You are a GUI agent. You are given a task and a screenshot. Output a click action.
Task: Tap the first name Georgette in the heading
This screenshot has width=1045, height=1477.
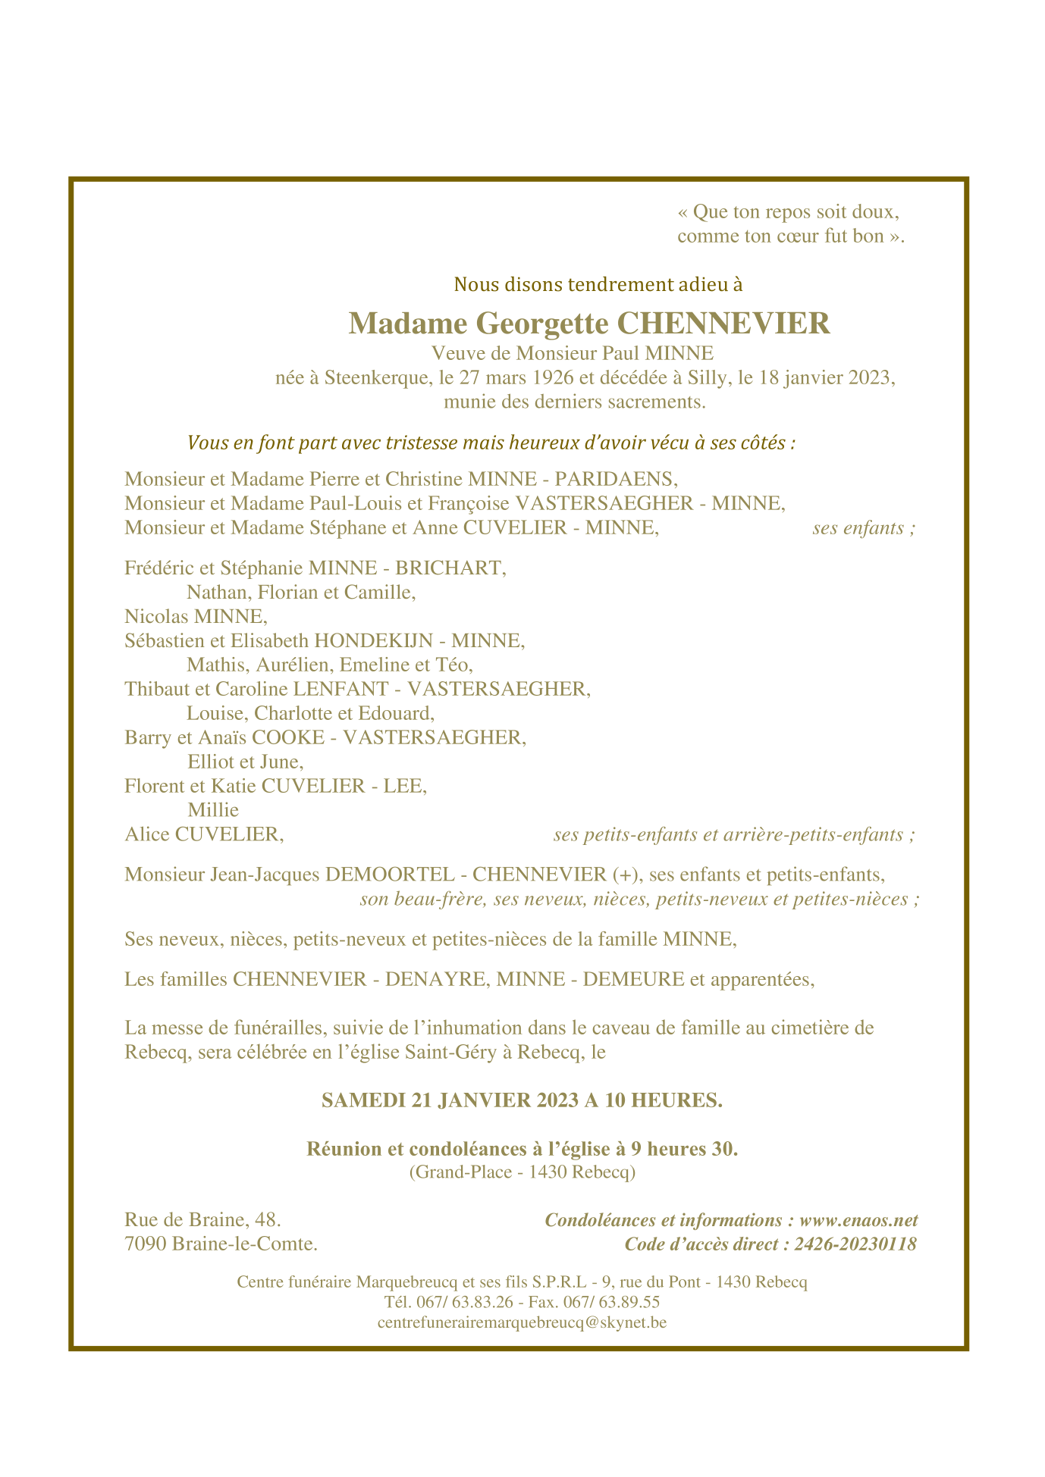(541, 324)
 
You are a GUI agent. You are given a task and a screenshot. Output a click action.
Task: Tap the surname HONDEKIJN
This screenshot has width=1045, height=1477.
(372, 641)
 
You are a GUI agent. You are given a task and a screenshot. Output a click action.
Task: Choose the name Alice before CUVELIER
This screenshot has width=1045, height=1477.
(147, 835)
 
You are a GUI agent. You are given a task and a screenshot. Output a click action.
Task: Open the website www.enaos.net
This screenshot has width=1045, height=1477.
(858, 1220)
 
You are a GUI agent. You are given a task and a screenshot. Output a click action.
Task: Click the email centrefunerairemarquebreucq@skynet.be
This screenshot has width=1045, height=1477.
(522, 1322)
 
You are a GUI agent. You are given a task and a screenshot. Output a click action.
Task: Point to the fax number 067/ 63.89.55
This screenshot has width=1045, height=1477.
(619, 1302)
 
